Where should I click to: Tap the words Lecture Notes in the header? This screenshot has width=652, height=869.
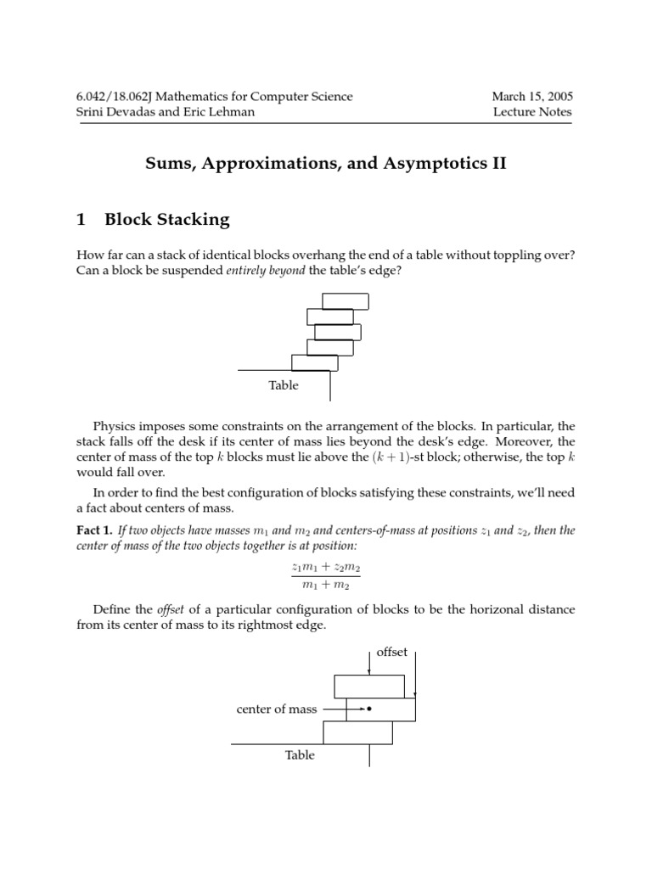[532, 112]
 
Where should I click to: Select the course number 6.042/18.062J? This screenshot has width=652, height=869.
[123, 96]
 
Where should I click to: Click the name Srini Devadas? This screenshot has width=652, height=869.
[115, 112]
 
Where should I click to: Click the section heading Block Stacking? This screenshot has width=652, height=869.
[167, 219]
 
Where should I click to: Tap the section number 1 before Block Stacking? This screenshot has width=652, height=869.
[81, 219]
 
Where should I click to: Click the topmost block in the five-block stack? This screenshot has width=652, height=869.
[346, 301]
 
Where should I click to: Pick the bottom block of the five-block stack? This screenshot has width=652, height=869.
[315, 363]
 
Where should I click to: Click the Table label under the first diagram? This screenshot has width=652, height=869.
[284, 385]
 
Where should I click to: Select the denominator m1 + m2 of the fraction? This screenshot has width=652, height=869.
[325, 585]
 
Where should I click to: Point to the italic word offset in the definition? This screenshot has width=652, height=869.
[170, 609]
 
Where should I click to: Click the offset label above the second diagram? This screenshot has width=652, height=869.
[391, 652]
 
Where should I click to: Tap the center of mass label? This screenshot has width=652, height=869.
[277, 709]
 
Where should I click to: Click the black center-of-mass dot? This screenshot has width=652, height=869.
[368, 709]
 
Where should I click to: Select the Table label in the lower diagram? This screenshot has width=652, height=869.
[300, 754]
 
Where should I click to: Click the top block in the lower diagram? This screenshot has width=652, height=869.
[368, 686]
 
